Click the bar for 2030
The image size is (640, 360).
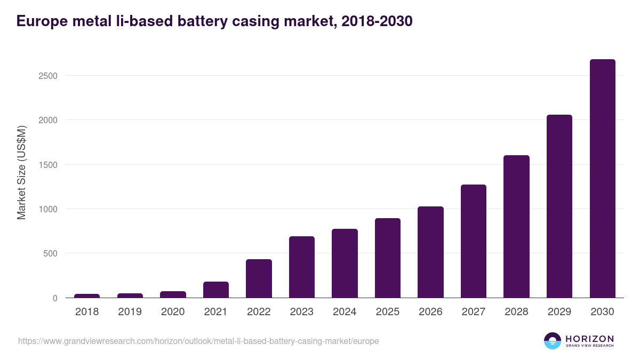pos(602,179)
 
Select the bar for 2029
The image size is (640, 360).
pos(559,206)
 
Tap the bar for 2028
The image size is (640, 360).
pos(516,227)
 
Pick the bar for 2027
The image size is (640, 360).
pos(474,241)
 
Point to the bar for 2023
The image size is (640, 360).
pos(302,267)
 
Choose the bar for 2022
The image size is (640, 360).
pos(259,278)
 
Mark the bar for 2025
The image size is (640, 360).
pos(388,258)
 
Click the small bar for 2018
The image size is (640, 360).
pos(87,295)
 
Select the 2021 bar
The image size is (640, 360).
pos(216,290)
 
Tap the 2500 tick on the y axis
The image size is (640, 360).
pos(48,76)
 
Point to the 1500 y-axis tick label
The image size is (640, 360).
pos(48,165)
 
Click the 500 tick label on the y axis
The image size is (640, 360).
pos(50,253)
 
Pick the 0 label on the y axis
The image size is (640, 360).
pos(55,298)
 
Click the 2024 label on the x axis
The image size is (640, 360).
pos(345,312)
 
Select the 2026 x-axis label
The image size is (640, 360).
pos(430,312)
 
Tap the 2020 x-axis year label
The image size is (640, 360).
pos(173,312)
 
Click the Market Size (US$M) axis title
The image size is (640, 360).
pos(22,172)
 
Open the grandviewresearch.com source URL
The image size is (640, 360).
pos(198,341)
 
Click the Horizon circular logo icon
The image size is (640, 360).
pos(553,341)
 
